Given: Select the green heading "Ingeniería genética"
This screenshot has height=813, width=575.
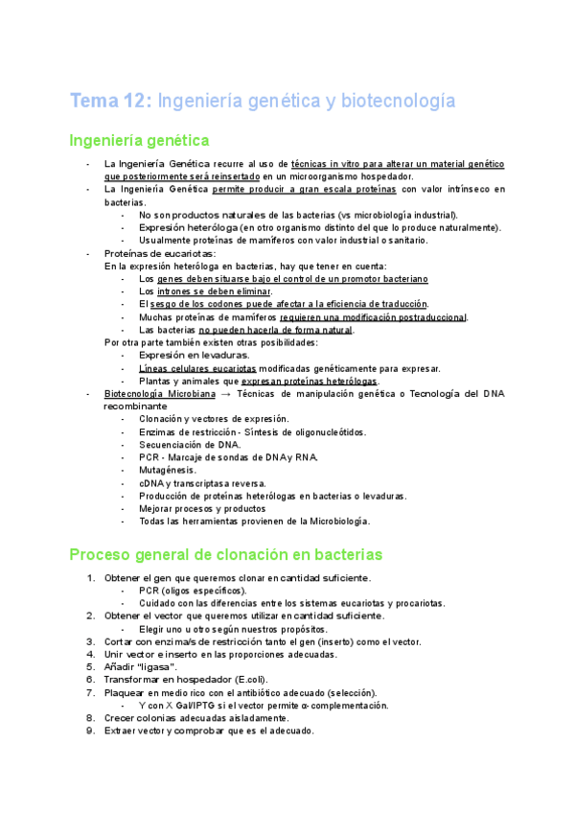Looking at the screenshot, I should pyautogui.click(x=139, y=141).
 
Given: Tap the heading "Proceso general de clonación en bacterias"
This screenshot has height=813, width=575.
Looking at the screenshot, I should pyautogui.click(x=225, y=554).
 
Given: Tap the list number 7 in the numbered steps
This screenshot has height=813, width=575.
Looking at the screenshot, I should pyautogui.click(x=91, y=692).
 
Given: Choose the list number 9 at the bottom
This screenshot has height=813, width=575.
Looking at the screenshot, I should pyautogui.click(x=91, y=731).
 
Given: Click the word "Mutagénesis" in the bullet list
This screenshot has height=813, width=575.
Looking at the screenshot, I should pyautogui.click(x=167, y=471).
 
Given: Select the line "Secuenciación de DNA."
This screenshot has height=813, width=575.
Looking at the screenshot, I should pyautogui.click(x=190, y=445).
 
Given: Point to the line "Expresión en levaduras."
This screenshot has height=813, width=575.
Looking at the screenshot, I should pyautogui.click(x=195, y=355).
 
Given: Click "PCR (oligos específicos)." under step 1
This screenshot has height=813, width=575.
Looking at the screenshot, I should pyautogui.click(x=192, y=590).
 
